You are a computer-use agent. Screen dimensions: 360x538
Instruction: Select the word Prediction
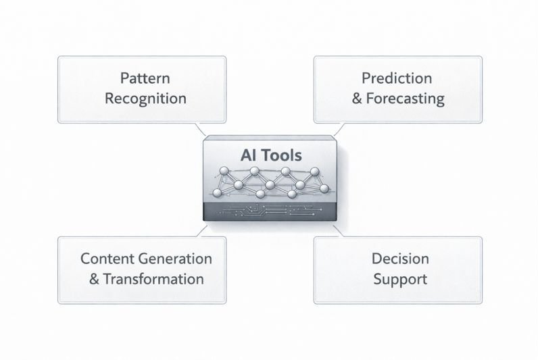pos(397,78)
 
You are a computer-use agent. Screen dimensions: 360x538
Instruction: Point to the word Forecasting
pos(406,99)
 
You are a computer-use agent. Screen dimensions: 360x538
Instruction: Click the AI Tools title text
pos(271,154)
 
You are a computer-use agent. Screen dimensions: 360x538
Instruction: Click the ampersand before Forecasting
pos(358,99)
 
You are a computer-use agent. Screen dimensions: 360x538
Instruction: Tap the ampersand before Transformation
pos(94,279)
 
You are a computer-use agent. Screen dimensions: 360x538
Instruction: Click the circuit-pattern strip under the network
pos(270,211)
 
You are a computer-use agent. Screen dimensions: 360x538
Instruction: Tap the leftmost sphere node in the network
pos(218,194)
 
